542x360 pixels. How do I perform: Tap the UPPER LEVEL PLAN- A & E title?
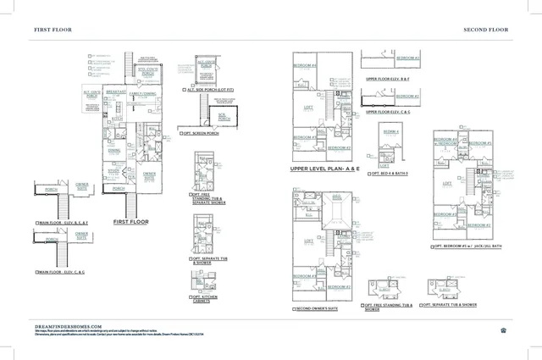click(325, 169)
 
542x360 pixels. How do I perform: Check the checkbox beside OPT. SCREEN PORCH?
click(180, 133)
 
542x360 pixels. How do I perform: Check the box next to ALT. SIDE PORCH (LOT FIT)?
click(185, 89)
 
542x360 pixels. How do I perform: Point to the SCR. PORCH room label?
click(224, 118)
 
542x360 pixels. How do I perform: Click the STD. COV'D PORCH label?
click(149, 73)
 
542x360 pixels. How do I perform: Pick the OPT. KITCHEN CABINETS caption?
click(207, 299)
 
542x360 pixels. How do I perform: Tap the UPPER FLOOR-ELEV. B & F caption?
click(388, 78)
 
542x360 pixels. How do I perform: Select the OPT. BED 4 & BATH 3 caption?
click(389, 172)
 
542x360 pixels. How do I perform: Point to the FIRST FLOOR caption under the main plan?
click(130, 222)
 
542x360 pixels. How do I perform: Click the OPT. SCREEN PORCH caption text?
click(202, 133)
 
